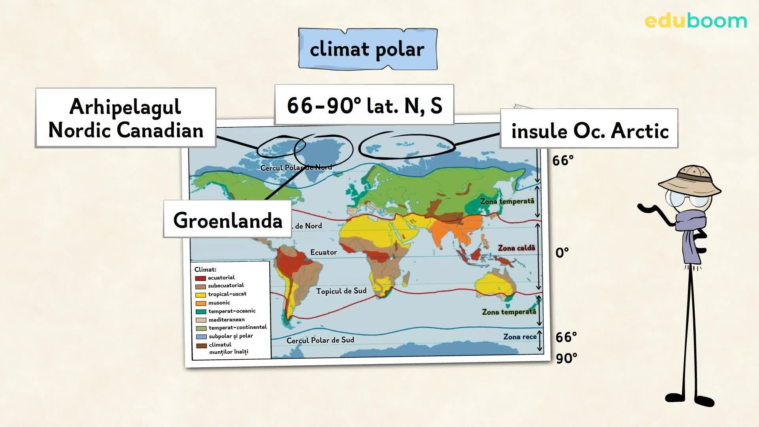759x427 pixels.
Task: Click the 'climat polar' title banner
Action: (x=368, y=49)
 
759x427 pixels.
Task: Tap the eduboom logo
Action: (x=696, y=21)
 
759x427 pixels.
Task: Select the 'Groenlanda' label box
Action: (x=228, y=220)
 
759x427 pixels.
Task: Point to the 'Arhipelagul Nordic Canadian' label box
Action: (x=126, y=118)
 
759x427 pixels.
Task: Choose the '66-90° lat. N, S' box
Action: (x=364, y=105)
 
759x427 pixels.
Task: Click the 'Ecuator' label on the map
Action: (x=323, y=252)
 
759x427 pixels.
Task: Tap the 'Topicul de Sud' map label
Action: (x=341, y=291)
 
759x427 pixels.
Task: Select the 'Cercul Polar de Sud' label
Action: (x=320, y=340)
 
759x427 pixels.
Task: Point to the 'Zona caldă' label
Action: (x=516, y=248)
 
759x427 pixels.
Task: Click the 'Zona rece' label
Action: (x=520, y=337)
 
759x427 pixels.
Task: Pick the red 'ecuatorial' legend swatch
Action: (x=200, y=278)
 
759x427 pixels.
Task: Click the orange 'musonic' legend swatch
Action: (x=200, y=303)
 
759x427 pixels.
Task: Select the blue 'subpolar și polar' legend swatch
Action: (x=201, y=337)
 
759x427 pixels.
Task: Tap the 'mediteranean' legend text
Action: (x=227, y=319)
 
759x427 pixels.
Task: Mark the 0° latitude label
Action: (x=562, y=252)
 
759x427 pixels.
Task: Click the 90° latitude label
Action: (x=566, y=358)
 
